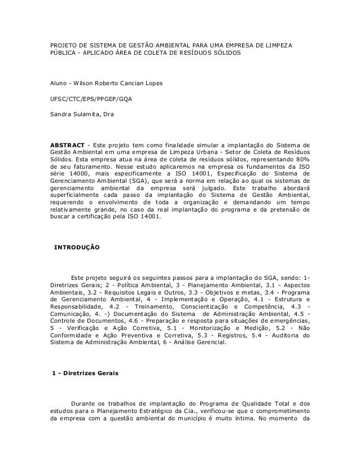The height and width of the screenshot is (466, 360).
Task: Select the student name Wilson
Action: pos(81,84)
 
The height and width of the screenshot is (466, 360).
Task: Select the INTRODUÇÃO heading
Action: pos(76,248)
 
